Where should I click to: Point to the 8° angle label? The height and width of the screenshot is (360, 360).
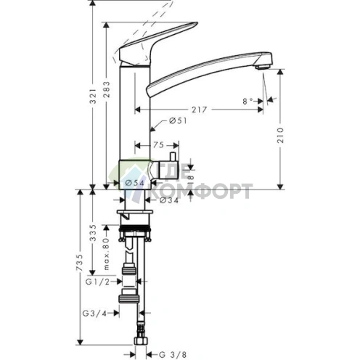[249, 102]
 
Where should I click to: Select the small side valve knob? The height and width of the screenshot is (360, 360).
[175, 159]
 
